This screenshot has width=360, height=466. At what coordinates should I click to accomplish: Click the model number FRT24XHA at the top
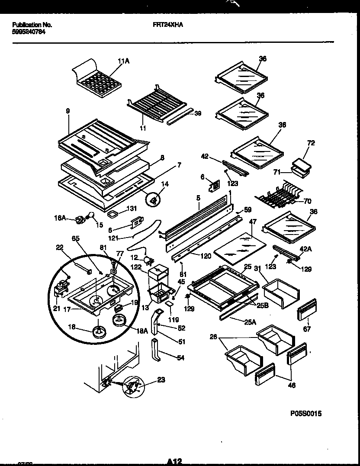168,25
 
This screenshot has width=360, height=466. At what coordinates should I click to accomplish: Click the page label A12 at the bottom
173,461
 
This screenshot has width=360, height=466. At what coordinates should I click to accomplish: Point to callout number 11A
123,61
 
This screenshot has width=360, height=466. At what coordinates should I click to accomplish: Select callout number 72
311,143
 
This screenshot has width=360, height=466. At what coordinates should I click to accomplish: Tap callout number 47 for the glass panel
252,222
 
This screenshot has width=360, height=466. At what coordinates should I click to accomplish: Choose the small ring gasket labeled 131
113,214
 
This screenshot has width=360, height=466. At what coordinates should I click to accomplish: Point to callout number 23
161,381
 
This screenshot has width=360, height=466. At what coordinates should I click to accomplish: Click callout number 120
206,256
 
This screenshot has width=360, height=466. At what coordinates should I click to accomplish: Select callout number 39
197,113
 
